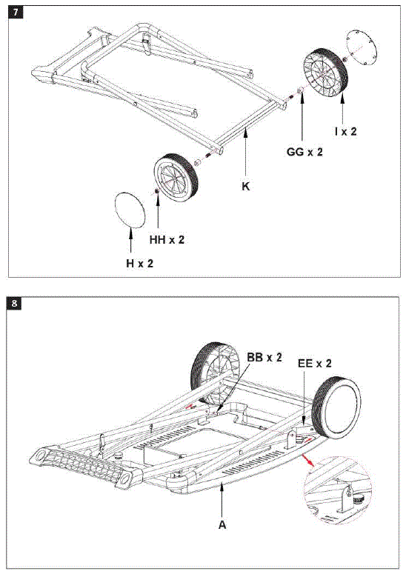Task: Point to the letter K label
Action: [x=245, y=187]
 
